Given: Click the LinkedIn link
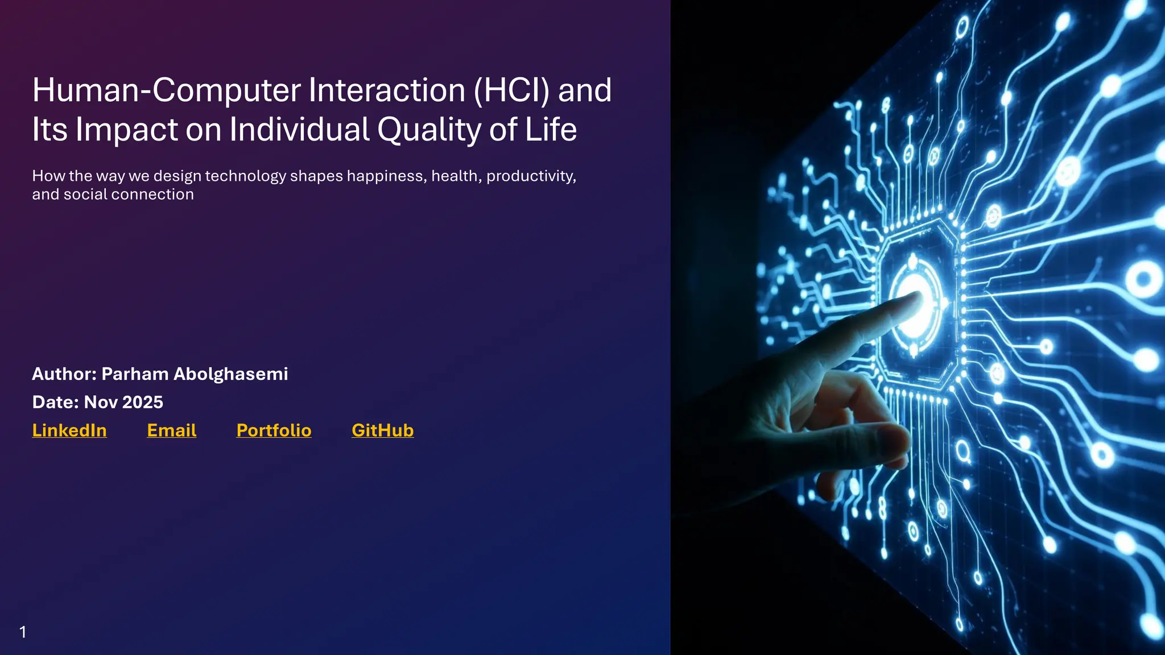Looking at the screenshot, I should [x=69, y=430].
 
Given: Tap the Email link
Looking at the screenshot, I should [x=171, y=430].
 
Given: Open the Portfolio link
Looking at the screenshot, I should [x=274, y=430].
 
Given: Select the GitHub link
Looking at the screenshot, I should [x=382, y=430].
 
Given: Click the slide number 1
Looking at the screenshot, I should [x=23, y=632].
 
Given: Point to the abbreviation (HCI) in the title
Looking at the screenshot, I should [x=511, y=90].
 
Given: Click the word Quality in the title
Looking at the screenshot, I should [x=429, y=130].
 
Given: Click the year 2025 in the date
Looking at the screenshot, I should [x=143, y=403].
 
